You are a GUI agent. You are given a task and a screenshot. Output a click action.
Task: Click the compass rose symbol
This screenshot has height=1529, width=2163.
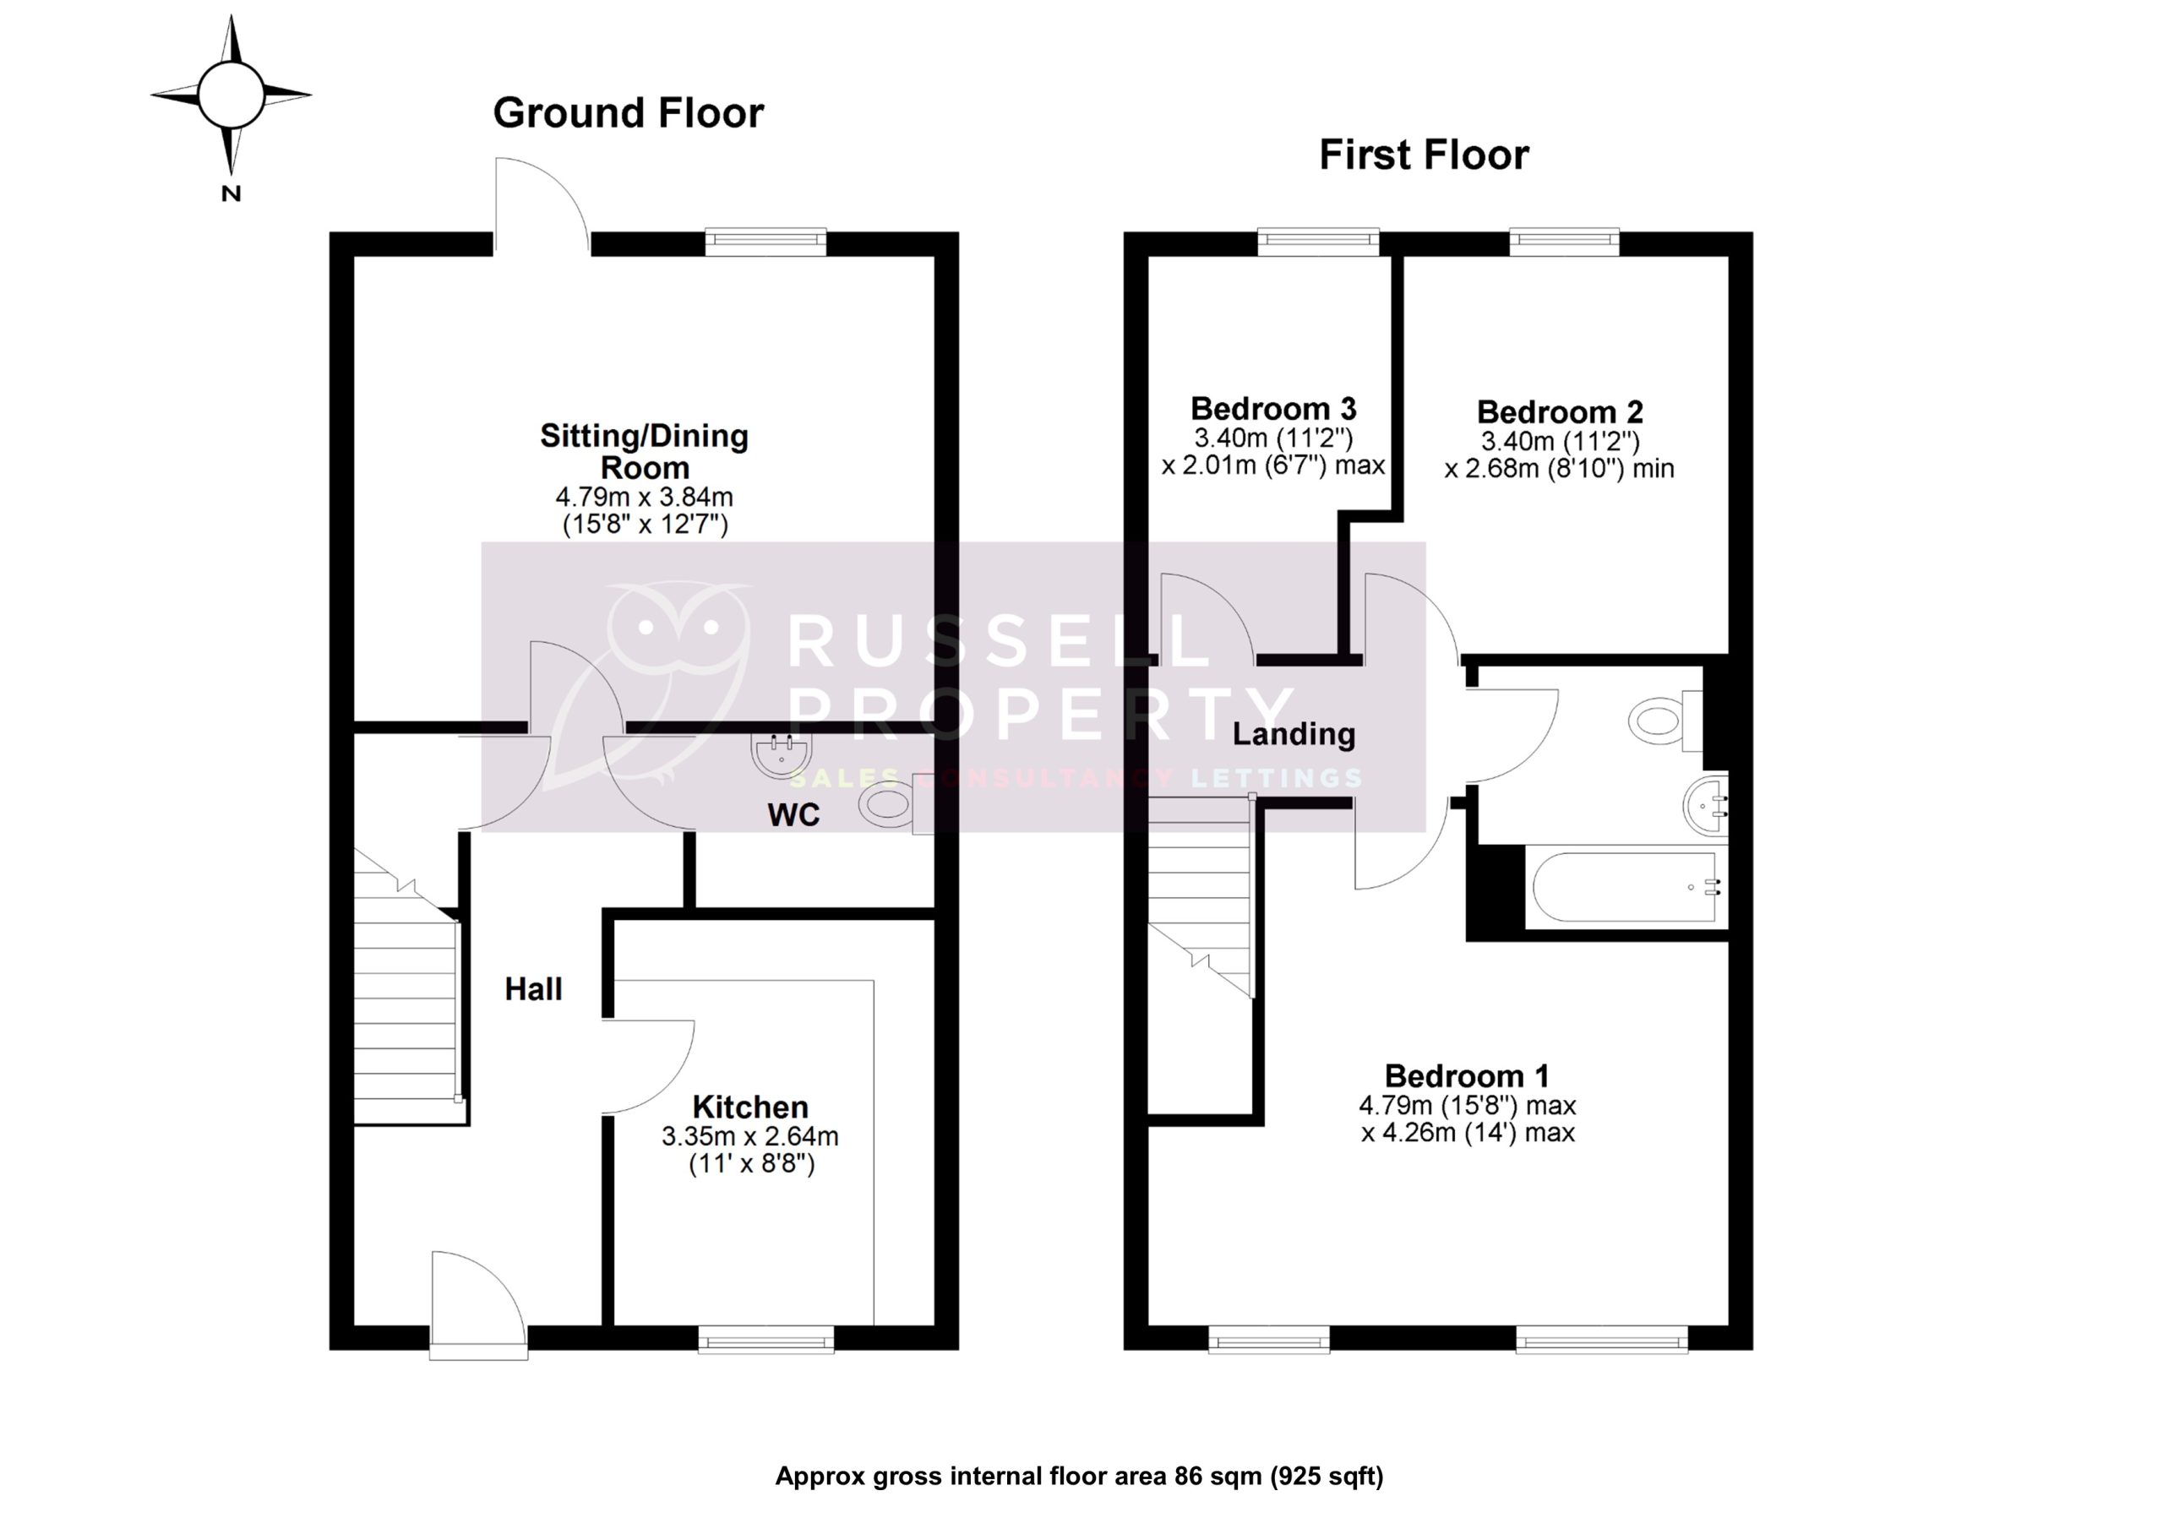pos(231,95)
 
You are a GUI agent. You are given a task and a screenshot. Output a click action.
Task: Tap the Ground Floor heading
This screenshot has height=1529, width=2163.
pos(628,113)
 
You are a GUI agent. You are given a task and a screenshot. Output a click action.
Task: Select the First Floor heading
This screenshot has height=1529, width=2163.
pos(1423,155)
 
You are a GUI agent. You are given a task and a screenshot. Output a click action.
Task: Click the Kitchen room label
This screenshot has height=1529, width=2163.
pos(750,1106)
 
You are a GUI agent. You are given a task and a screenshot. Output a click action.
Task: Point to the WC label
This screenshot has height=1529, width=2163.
pos(793,815)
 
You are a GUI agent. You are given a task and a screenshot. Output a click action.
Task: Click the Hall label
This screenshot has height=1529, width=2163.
pos(533,989)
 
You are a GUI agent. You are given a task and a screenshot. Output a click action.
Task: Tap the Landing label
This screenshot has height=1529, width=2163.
pos(1294,734)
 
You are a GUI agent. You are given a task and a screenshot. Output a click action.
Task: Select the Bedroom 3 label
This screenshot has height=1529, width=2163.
pos(1272,409)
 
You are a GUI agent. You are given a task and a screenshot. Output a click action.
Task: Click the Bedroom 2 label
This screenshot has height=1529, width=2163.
pos(1559,411)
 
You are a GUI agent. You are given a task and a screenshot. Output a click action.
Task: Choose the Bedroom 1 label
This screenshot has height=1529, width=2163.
pos(1466,1076)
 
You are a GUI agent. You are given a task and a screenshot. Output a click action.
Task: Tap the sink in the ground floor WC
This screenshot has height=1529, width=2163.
pos(782,754)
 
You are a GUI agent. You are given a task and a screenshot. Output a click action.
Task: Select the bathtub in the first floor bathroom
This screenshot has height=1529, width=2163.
pos(1626,888)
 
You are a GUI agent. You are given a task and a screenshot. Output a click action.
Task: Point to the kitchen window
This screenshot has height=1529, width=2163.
pos(765,1339)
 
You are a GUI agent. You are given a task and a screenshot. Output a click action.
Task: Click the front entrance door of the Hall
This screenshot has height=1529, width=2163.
pos(477,1309)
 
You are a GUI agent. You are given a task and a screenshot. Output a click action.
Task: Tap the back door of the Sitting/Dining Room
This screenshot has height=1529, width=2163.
pos(542,203)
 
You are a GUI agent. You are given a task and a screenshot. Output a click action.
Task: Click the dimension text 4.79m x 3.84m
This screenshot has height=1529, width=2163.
pos(645,497)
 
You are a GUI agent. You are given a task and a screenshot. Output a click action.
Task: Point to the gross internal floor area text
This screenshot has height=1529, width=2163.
pos(1079,1477)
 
